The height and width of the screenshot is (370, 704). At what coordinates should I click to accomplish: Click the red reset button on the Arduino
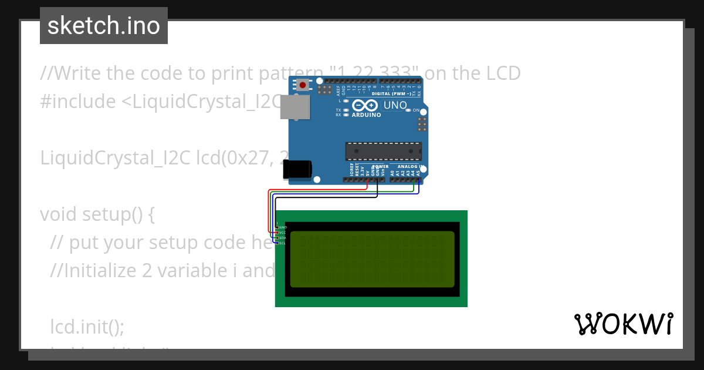(303, 85)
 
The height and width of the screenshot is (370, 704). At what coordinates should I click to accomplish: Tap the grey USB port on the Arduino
(296, 107)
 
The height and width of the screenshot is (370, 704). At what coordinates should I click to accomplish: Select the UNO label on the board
(395, 105)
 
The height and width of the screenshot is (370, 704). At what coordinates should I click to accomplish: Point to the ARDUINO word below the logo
(367, 115)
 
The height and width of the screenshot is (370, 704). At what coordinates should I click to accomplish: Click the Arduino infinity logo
(366, 106)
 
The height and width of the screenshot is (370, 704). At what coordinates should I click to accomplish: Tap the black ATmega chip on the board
(383, 151)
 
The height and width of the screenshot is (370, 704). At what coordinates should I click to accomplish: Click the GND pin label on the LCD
(283, 227)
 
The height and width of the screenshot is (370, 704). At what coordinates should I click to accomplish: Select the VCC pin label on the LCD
(283, 233)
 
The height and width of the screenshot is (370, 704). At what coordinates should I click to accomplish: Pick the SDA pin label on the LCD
(283, 238)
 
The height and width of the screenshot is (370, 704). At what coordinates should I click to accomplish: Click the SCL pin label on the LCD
(283, 243)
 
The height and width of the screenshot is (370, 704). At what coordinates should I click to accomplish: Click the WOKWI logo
(624, 324)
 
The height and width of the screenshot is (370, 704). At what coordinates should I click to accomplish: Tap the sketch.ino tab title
(104, 26)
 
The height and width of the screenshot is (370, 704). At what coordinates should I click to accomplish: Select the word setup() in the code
(120, 214)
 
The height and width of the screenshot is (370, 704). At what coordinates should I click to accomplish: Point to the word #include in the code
(78, 102)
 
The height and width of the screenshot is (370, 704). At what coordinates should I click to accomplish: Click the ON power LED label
(415, 110)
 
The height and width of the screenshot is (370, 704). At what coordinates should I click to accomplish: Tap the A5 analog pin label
(418, 173)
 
